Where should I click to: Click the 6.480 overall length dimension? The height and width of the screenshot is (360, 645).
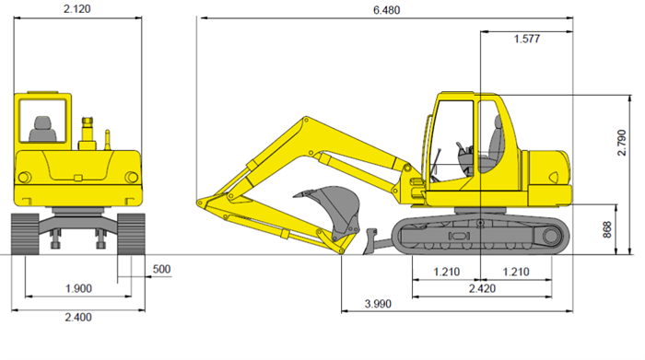coord(386,10)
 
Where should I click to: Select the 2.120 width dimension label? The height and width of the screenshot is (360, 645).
coord(76,9)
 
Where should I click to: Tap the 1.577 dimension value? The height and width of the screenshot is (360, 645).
coord(526,39)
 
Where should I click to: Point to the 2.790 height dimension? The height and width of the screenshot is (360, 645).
coord(622,143)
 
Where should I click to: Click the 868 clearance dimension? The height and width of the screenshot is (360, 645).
coord(607,229)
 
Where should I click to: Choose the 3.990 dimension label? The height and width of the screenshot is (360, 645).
coord(378,304)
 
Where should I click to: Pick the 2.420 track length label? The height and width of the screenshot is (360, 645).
coord(482,288)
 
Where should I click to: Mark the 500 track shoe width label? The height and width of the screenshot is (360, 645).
coord(161,269)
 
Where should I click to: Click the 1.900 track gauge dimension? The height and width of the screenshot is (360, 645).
coord(78,288)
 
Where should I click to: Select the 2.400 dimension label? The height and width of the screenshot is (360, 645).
coord(78,318)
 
